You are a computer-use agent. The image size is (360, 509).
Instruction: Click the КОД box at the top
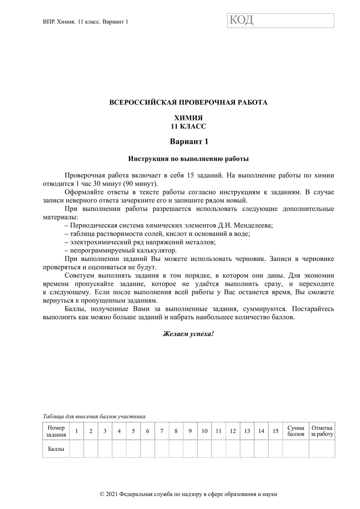point(280,20)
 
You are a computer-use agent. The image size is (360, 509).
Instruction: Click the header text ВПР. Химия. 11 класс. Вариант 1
point(86,22)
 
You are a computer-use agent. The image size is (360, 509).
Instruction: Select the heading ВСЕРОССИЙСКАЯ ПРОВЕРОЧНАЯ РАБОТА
point(188,102)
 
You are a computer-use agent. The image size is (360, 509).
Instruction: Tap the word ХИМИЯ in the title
point(188,118)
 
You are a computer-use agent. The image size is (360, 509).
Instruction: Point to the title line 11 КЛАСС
point(188,126)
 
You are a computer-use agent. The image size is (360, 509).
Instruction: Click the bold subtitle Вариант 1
point(189,142)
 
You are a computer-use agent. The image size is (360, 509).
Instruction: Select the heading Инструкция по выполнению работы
point(188,158)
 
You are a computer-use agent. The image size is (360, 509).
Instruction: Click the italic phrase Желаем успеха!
point(188,334)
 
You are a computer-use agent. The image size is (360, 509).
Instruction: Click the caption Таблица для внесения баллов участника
point(94,416)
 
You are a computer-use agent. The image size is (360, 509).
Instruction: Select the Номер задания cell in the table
point(56,431)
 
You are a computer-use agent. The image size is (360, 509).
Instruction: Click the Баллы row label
point(56,449)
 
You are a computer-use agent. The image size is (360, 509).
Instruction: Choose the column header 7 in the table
point(162,431)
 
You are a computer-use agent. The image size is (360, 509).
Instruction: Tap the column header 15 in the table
point(276,431)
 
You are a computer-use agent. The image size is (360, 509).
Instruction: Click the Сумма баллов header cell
point(296,431)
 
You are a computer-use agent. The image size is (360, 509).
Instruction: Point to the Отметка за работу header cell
point(322,431)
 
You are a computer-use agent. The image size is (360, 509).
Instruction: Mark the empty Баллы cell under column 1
point(77,449)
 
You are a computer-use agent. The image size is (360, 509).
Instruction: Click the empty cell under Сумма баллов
point(296,449)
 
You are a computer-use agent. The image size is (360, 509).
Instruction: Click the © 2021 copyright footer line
point(188,494)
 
